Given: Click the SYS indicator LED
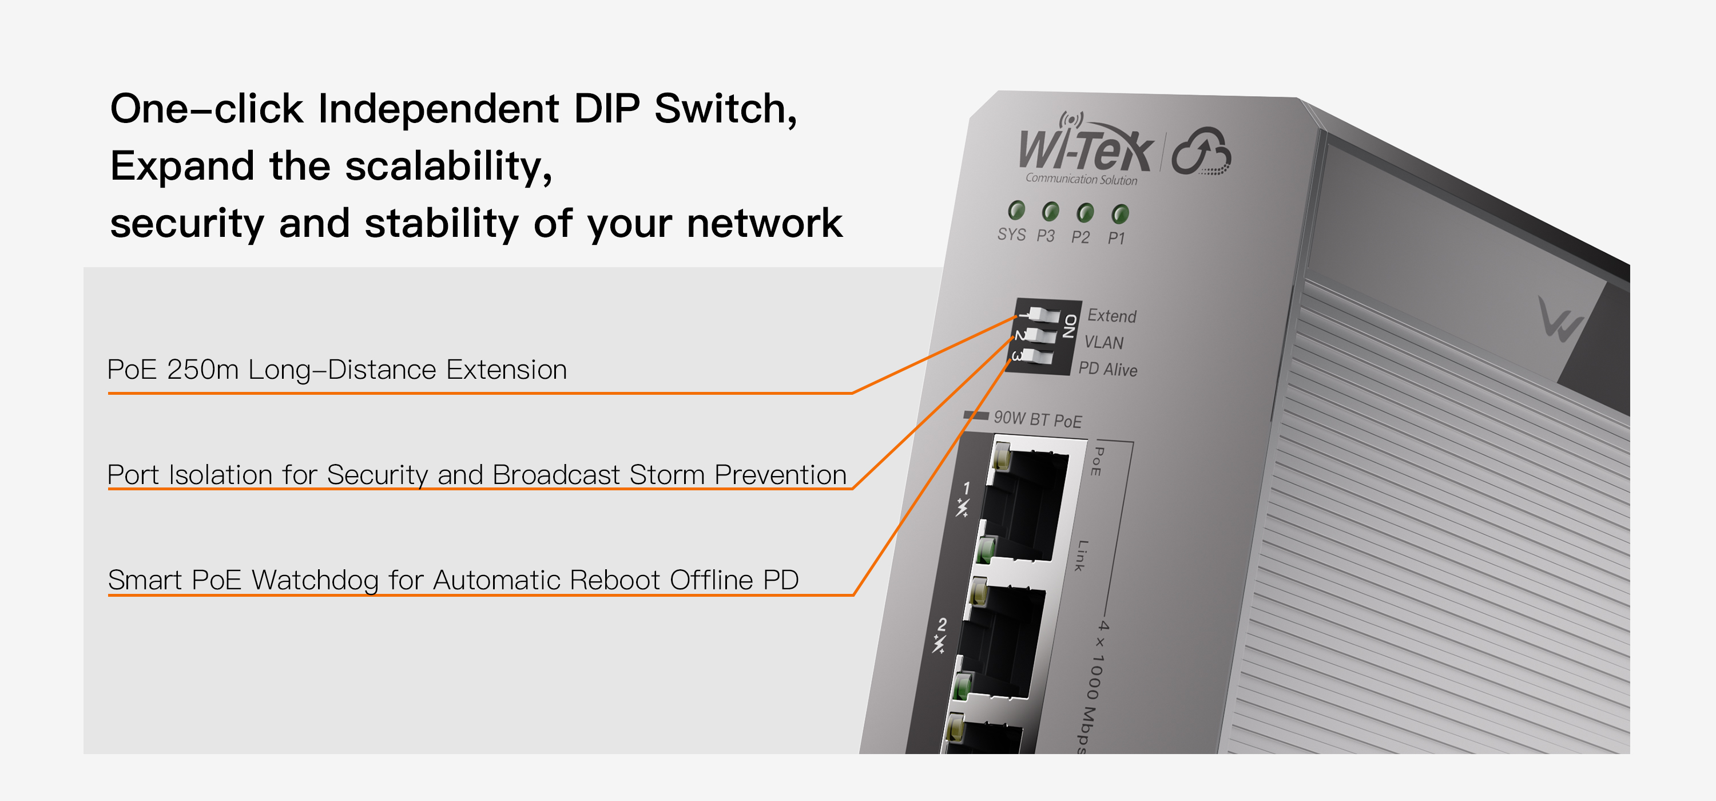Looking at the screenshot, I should (x=1016, y=211).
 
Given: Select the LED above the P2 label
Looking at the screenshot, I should (x=1085, y=213).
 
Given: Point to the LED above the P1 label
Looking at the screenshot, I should (x=1120, y=214).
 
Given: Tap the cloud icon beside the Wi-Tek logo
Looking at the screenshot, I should (x=1201, y=153).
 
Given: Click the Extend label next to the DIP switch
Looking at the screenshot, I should (x=1112, y=315).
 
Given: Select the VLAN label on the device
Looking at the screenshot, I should (x=1104, y=343).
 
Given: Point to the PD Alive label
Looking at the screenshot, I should (x=1108, y=368).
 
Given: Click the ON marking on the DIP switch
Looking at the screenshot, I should (x=1070, y=326).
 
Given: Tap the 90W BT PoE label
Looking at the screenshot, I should (x=1037, y=419).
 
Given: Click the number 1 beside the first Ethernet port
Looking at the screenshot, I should (x=967, y=489).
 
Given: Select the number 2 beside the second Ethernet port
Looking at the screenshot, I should (x=942, y=624).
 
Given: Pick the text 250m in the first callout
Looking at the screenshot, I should (x=202, y=370).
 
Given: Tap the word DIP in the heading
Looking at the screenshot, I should (x=606, y=109).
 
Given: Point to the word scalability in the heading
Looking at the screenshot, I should (x=448, y=166).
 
